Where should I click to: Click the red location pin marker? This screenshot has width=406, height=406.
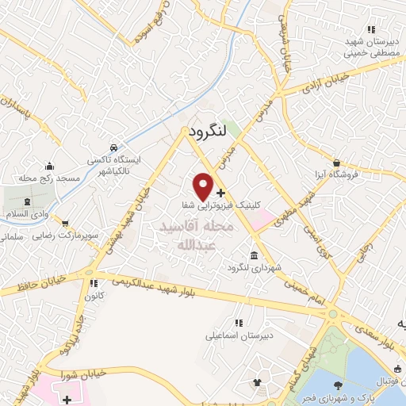pos(203,186)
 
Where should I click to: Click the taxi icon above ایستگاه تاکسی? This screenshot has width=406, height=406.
pos(114,148)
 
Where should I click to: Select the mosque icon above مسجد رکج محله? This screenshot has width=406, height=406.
pos(51,167)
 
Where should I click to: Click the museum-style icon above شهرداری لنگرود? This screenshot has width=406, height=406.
pos(254,255)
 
